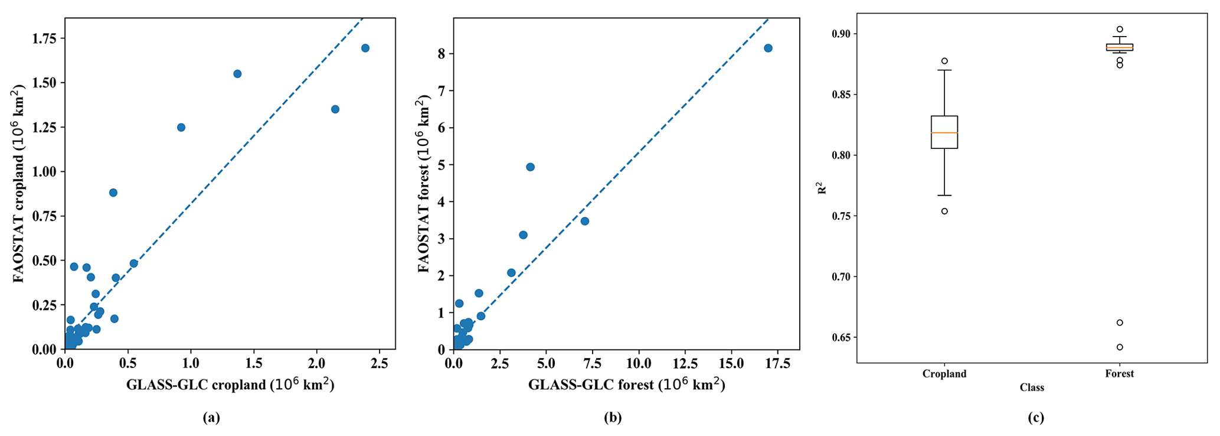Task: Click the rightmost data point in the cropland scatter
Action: coord(365,48)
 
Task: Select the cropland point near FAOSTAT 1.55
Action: coord(237,74)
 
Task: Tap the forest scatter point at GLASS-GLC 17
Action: coord(768,48)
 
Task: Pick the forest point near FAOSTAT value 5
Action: coord(530,167)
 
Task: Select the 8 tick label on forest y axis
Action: coord(441,54)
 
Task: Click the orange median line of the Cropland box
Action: coord(944,132)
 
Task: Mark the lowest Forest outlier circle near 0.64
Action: coord(1120,347)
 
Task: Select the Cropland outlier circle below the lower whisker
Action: coord(944,211)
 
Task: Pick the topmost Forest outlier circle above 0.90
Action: coord(1120,29)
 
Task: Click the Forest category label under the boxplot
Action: coord(1120,373)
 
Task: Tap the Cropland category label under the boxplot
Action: coord(944,373)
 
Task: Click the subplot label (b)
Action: coord(612,418)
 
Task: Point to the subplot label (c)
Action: coord(1036,418)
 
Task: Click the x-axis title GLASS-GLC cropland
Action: coord(230,385)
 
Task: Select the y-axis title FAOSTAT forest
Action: coord(424,184)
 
